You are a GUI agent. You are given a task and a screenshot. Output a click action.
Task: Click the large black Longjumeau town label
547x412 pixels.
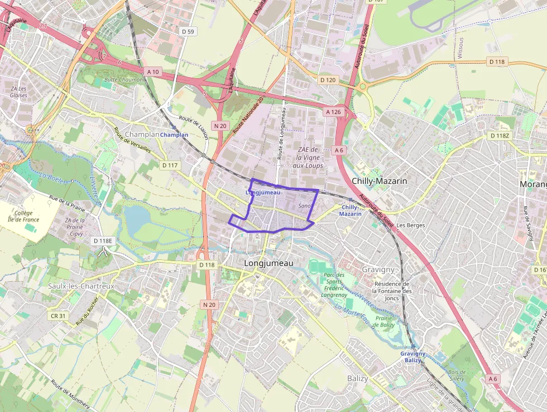pos(268,263)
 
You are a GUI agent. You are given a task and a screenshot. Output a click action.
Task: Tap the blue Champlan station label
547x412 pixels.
pos(174,135)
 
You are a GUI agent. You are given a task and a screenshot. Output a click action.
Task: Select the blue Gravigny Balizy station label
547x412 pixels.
pos(412,357)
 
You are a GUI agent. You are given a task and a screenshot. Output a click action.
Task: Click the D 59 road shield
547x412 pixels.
pos(188,32)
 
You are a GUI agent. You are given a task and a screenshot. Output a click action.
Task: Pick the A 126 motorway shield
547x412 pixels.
pos(333,112)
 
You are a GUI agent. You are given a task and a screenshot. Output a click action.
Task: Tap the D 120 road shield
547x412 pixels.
pos(328,80)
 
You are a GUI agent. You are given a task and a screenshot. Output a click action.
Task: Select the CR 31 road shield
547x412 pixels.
pos(58,316)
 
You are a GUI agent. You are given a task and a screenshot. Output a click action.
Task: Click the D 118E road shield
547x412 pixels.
pos(103,240)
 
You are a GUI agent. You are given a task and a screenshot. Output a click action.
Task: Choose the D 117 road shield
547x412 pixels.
pos(170,165)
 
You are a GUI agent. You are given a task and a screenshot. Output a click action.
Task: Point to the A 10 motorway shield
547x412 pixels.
pos(153,72)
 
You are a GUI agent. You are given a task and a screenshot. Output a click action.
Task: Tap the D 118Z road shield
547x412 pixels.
pos(500,135)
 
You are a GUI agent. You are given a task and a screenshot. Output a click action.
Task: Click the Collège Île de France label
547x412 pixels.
pos(24,216)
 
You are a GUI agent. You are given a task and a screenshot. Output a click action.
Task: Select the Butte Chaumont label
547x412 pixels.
pos(124,79)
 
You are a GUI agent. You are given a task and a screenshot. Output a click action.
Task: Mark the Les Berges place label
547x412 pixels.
pos(412,225)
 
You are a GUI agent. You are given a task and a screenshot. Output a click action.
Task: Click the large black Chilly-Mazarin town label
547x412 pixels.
pos(379,181)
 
